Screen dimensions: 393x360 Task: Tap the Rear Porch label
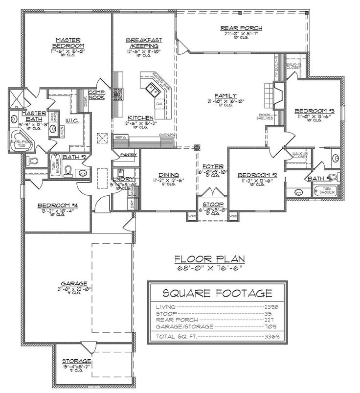[242, 28]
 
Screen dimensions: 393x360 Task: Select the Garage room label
[74, 283]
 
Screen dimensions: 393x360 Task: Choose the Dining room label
[168, 174]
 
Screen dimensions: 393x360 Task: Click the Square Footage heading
[217, 293]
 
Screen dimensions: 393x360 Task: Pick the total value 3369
[271, 337]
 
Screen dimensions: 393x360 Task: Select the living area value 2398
[271, 306]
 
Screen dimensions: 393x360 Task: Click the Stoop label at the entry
[213, 204]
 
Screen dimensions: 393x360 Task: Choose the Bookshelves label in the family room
[265, 116]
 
